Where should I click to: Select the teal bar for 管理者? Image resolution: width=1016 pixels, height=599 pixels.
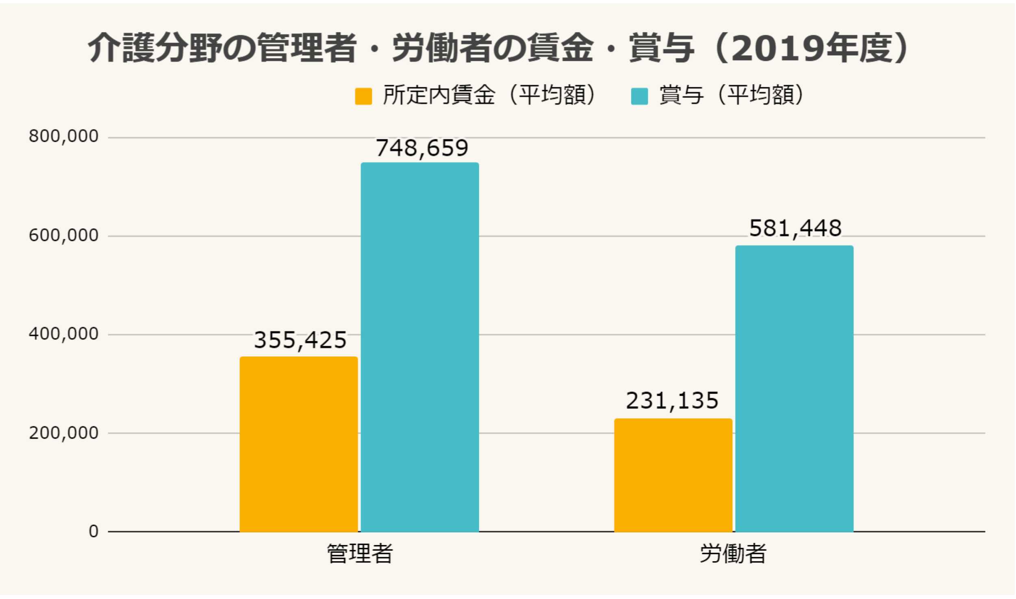tap(420, 347)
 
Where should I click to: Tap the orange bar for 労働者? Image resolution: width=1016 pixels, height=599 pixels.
tap(673, 475)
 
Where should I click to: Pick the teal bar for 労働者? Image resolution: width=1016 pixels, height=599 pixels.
tap(794, 388)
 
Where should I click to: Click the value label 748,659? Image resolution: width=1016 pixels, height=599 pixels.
tap(422, 148)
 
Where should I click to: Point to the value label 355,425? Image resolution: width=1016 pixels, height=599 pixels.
tap(300, 340)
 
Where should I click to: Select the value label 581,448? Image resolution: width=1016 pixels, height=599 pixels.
tap(795, 228)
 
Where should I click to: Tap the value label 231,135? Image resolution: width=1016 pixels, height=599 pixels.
tap(672, 401)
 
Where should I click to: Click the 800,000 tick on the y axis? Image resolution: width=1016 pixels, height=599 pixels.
tap(64, 136)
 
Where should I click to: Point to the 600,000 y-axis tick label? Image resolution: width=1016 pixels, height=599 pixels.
tap(64, 236)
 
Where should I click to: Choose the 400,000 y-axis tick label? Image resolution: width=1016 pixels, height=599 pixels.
tap(64, 334)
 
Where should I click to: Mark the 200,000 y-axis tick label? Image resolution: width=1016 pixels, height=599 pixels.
tap(64, 433)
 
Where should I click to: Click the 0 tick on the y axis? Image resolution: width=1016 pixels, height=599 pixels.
tap(93, 532)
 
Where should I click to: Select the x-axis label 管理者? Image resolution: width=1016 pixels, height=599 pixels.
tap(360, 554)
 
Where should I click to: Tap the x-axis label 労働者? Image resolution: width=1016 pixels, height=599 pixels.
tap(733, 554)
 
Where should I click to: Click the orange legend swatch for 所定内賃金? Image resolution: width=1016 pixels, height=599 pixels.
tap(363, 96)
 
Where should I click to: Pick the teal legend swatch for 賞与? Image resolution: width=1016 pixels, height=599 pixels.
tap(639, 96)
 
